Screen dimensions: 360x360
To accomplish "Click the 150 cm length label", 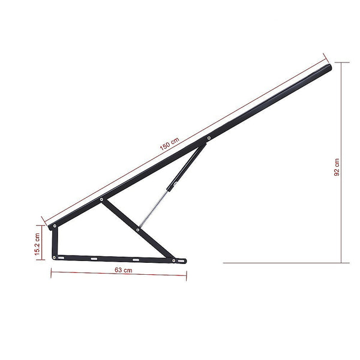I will pos(170,145).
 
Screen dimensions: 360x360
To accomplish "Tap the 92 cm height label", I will pos(337,167).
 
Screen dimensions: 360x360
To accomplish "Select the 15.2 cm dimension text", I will pos(37,243).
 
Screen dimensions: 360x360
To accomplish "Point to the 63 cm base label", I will pos(123,270).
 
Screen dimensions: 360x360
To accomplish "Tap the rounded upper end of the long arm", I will pos(327,68).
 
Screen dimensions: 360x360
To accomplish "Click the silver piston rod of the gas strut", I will pos(154,208).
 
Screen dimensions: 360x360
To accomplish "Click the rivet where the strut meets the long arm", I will pos(208,138).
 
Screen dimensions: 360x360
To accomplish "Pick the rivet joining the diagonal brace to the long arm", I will pos(101,199).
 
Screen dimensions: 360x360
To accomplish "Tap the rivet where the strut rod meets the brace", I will pos(139,229).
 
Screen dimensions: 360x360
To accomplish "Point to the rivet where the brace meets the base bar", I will pos(173,260).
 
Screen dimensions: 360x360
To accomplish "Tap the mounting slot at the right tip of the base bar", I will pos(181,261).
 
